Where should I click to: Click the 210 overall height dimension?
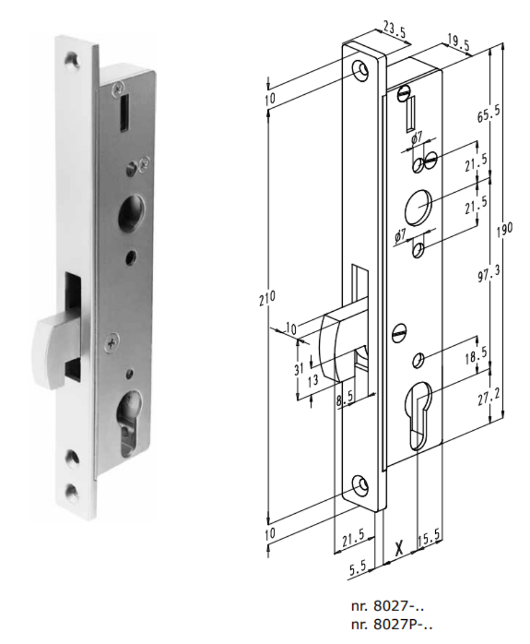coord(267,299)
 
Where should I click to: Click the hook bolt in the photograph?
coord(53,348)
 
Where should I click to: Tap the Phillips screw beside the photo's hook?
coord(111,341)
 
